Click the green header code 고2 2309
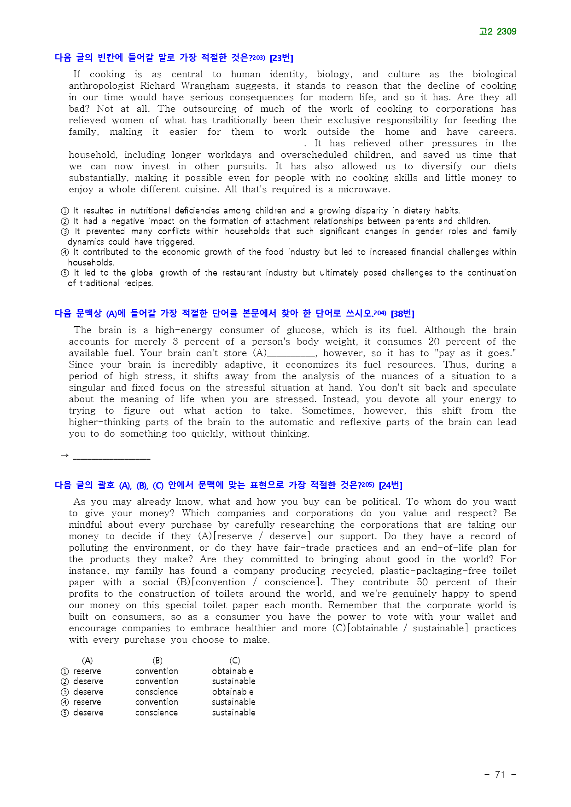(x=497, y=31)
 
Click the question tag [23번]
(x=281, y=58)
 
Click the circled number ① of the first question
(x=65, y=211)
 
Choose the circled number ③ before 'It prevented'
(x=65, y=231)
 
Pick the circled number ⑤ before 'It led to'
(x=65, y=273)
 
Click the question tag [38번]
(x=402, y=313)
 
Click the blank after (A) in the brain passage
(x=291, y=353)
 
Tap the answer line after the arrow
(x=111, y=456)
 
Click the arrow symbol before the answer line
(x=64, y=455)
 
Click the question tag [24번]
(x=390, y=485)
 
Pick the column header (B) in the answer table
(x=157, y=660)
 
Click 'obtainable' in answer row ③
(x=233, y=692)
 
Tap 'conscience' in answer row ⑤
(x=156, y=712)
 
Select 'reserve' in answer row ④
(x=87, y=702)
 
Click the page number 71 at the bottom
(x=500, y=774)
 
